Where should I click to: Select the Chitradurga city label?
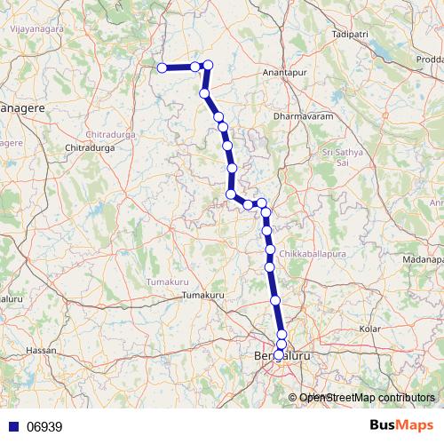click(91, 147)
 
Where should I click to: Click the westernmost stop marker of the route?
click(162, 67)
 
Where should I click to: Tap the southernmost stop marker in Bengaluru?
click(279, 354)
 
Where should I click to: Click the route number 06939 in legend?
click(44, 426)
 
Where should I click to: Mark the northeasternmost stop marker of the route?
click(209, 65)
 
